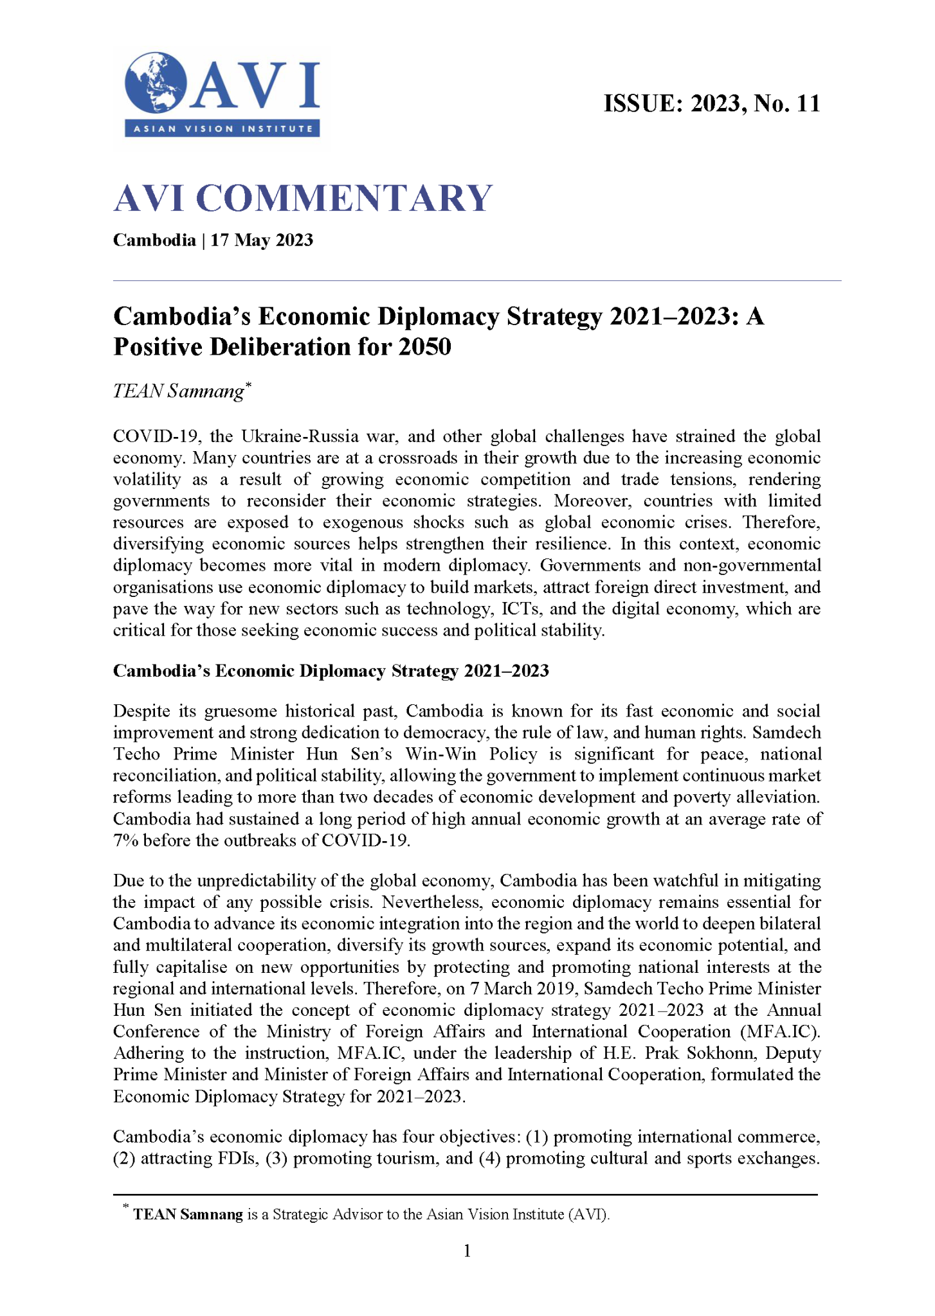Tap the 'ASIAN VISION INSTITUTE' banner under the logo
(x=222, y=129)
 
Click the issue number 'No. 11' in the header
(x=787, y=103)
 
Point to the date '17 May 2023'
(x=262, y=240)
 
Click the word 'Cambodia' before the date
(x=154, y=240)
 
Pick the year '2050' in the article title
(x=424, y=347)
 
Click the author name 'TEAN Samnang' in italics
(x=179, y=391)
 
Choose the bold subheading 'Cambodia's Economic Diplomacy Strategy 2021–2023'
(x=331, y=671)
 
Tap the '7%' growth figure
(x=125, y=840)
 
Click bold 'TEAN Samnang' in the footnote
(x=188, y=1214)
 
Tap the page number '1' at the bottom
(x=467, y=1250)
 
